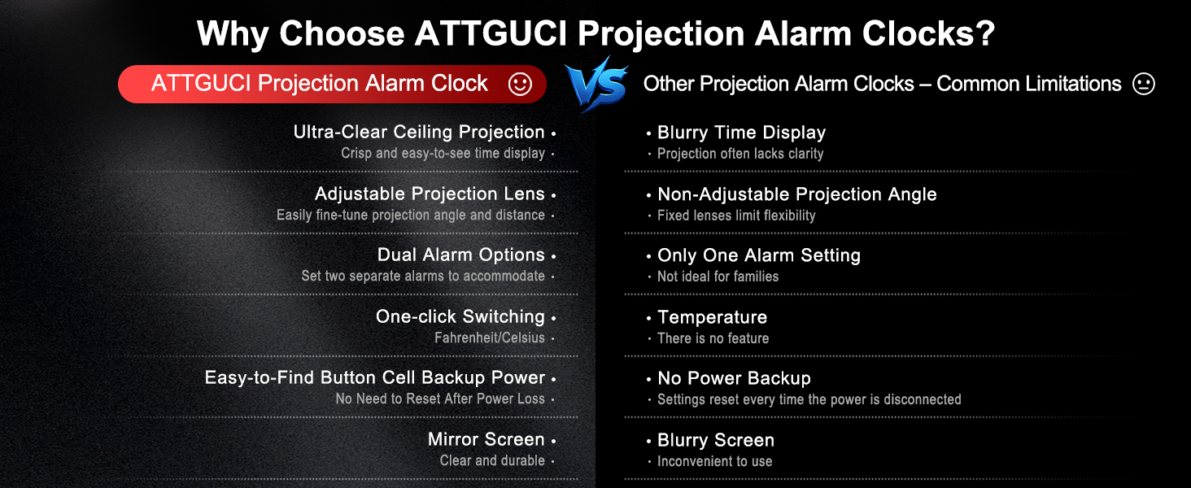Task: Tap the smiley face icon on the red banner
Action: (520, 84)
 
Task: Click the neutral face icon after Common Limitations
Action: (1144, 84)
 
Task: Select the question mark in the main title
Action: (986, 34)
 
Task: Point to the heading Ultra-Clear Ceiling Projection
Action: (419, 132)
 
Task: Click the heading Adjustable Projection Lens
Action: (430, 194)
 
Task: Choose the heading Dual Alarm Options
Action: (460, 255)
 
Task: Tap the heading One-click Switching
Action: (460, 316)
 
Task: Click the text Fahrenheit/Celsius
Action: (489, 338)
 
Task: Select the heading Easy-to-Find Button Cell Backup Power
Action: (374, 377)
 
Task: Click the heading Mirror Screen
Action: (486, 439)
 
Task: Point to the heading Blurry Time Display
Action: (741, 133)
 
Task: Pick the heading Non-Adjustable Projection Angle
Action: (796, 194)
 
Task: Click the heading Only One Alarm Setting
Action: (758, 255)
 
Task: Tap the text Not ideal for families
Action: (718, 277)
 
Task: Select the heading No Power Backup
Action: (734, 378)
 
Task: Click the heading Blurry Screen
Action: (715, 440)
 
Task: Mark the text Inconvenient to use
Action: (714, 461)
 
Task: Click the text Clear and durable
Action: (492, 460)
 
